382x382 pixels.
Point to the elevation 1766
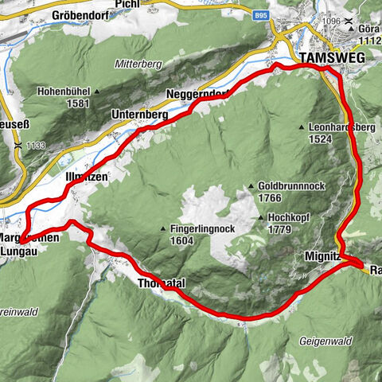click(273, 197)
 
